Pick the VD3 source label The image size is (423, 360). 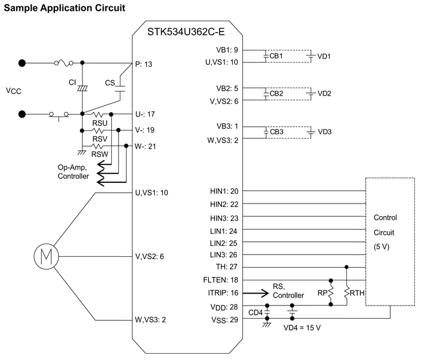(326, 132)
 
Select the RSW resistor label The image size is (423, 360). (100, 154)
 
